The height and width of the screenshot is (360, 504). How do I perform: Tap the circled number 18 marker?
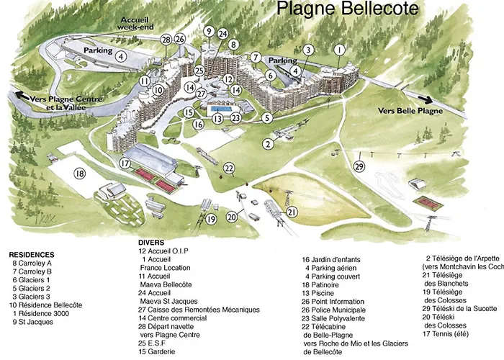pyautogui.click(x=80, y=173)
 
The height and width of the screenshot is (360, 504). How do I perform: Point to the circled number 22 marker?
pyautogui.click(x=229, y=168)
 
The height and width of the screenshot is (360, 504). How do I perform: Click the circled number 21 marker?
pyautogui.click(x=292, y=211)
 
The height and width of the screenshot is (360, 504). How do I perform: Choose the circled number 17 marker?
pyautogui.click(x=125, y=163)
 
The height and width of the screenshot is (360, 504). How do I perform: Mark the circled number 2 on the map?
pyautogui.click(x=268, y=143)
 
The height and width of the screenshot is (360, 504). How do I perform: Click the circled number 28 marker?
pyautogui.click(x=166, y=39)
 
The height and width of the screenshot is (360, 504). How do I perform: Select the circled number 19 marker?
pyautogui.click(x=211, y=220)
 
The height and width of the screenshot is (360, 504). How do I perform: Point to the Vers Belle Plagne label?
pyautogui.click(x=407, y=111)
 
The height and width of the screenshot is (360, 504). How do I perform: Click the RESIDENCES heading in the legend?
pyautogui.click(x=32, y=255)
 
